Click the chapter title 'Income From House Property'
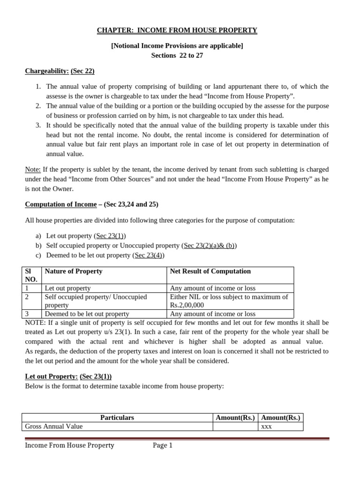(x=177, y=30)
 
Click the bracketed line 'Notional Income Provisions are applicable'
(x=177, y=46)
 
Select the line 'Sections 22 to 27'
(x=177, y=55)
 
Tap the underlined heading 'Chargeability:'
(x=47, y=71)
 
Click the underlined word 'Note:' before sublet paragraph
(x=33, y=169)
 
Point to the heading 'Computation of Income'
(x=60, y=204)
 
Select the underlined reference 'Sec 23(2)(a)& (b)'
(x=210, y=246)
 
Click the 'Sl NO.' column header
(x=31, y=275)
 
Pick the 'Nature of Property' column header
(x=73, y=271)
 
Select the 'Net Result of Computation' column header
(x=210, y=271)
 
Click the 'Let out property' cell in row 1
(x=67, y=288)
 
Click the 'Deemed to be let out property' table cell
(x=87, y=314)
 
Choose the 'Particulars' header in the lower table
(x=117, y=418)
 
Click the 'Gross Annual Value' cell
(x=54, y=427)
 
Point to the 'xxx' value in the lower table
(x=266, y=427)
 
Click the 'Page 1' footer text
(x=163, y=446)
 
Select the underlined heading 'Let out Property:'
(x=51, y=376)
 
